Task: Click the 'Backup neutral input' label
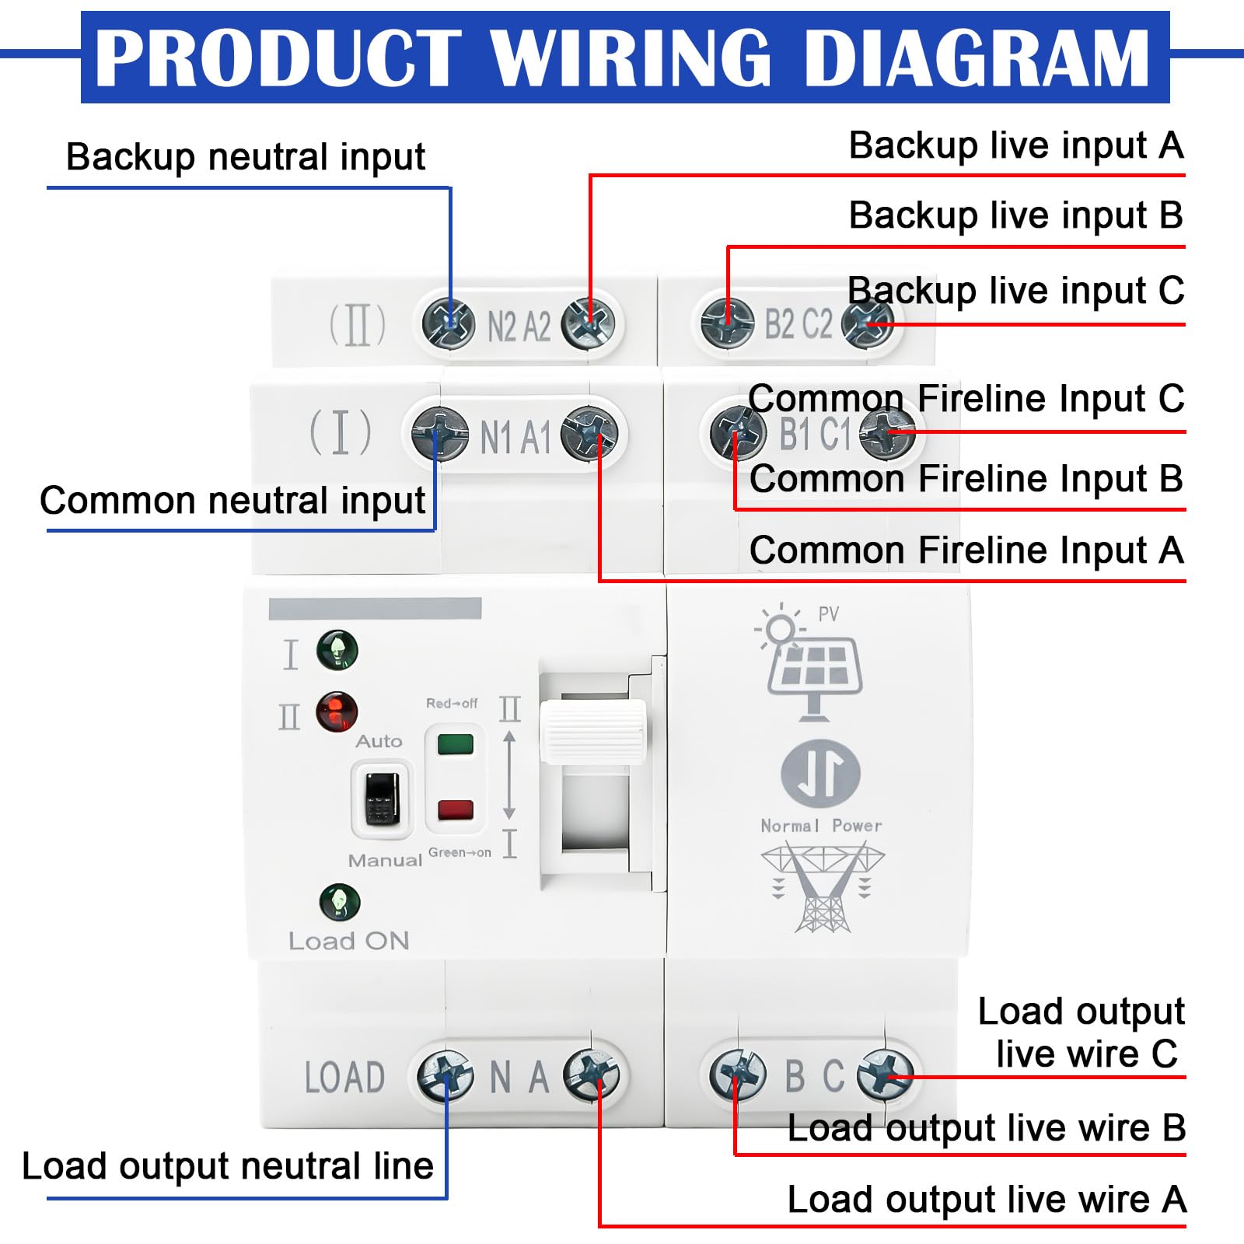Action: [x=246, y=157]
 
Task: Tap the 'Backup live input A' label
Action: [x=1016, y=146]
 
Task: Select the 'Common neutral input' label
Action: [x=232, y=501]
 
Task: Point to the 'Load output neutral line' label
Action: [x=228, y=1166]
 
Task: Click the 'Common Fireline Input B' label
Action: [x=966, y=479]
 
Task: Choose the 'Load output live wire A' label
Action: [x=987, y=1200]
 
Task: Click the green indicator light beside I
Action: [x=337, y=650]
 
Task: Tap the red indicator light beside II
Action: [x=337, y=711]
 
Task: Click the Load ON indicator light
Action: [x=340, y=903]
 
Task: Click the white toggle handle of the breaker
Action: [x=593, y=731]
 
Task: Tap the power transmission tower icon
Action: [x=823, y=887]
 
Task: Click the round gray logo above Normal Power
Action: [x=820, y=774]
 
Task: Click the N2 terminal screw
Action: [x=449, y=323]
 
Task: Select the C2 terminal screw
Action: [x=868, y=323]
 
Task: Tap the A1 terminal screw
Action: [x=589, y=434]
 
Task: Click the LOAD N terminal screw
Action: [x=445, y=1075]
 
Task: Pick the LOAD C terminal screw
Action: [x=885, y=1074]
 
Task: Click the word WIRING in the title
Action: [x=631, y=58]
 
